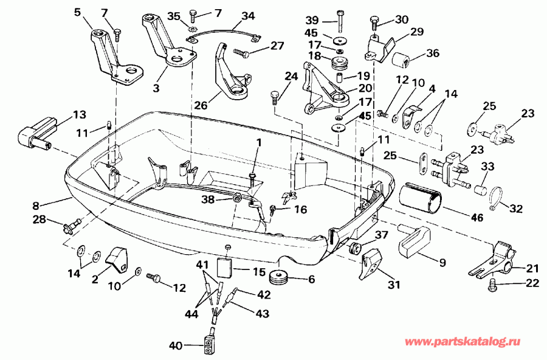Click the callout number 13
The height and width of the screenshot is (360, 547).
(80, 114)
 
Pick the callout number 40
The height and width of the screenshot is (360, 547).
(176, 346)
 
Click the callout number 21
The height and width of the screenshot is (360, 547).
(532, 268)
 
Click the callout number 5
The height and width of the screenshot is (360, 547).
(77, 12)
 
